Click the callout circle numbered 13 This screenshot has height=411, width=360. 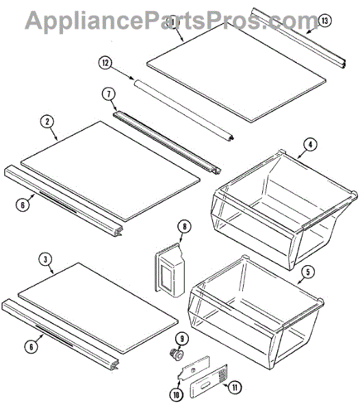pos(324,21)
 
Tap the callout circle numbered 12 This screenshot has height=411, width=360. pos(105,63)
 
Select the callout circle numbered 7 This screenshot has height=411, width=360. pos(109,94)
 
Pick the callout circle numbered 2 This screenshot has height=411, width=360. pos(47,122)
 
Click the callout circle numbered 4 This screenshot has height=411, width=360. pos(310,145)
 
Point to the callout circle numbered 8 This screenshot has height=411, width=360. pos(185,227)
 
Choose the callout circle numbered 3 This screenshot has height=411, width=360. pos(46,260)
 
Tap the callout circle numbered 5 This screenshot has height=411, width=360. pos(307,272)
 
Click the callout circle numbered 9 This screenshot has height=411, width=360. pos(182,339)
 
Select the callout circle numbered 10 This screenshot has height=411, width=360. pos(176,395)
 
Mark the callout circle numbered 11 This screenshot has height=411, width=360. pos(235,388)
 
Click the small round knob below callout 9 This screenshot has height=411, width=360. pos(177,354)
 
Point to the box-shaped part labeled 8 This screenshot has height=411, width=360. pos(170,271)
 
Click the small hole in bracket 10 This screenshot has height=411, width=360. pos(193,370)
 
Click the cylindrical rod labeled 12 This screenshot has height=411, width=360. pos(184,110)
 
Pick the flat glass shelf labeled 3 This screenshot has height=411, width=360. pos(99,308)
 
